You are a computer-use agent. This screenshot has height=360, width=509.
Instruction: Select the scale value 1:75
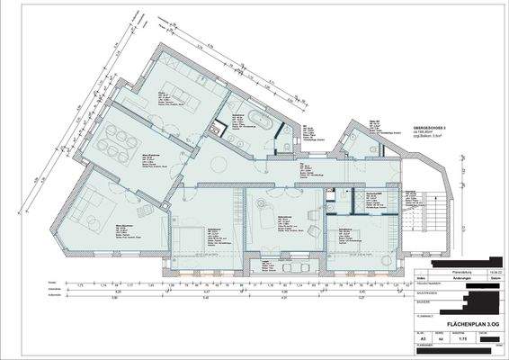click(461, 337)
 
